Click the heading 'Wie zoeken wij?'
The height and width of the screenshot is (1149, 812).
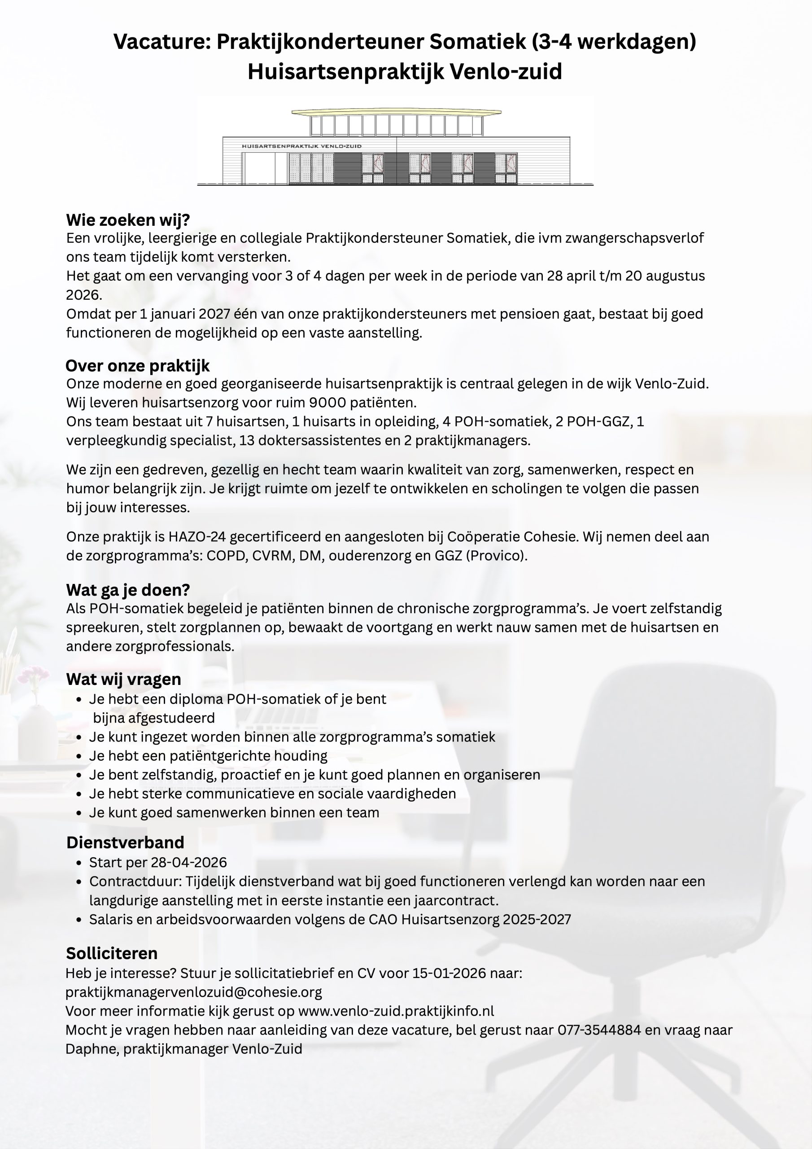click(x=127, y=219)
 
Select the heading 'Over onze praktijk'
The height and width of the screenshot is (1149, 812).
click(x=138, y=366)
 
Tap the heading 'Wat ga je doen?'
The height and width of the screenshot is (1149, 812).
click(x=127, y=590)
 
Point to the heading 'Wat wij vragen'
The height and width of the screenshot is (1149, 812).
click(x=123, y=679)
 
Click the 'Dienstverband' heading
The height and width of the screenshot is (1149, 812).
click(x=125, y=843)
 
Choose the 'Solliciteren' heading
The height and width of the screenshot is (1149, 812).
click(x=112, y=953)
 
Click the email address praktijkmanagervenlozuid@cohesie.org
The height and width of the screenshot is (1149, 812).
click(x=194, y=992)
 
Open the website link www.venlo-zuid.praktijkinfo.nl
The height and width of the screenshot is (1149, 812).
click(x=396, y=1011)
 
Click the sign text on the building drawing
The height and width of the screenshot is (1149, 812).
click(x=301, y=147)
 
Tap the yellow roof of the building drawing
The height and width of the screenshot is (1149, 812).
click(x=396, y=113)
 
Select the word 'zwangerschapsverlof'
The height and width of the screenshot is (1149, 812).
click(x=634, y=238)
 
